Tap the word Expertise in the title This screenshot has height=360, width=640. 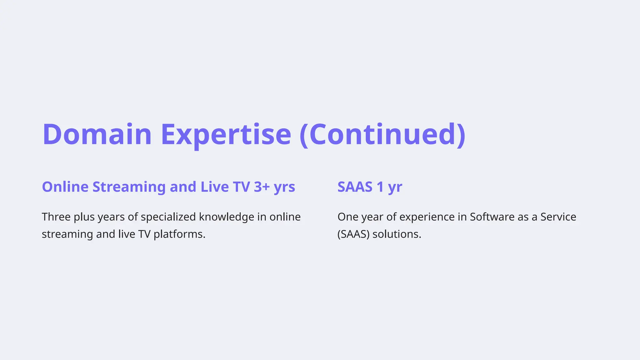click(226, 134)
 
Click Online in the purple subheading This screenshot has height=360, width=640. click(65, 187)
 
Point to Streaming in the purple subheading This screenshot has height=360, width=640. click(129, 187)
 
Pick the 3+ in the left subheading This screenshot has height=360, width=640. click(262, 187)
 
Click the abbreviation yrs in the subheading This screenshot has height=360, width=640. click(284, 187)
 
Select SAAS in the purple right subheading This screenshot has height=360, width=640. click(355, 187)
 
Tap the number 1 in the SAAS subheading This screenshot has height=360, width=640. click(380, 187)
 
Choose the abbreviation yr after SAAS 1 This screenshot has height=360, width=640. click(395, 187)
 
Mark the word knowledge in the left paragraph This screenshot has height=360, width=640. click(227, 217)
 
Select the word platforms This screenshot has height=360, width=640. click(179, 234)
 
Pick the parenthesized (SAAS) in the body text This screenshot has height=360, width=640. click(353, 234)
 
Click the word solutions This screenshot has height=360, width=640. click(397, 234)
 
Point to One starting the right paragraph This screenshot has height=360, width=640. click(348, 217)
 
